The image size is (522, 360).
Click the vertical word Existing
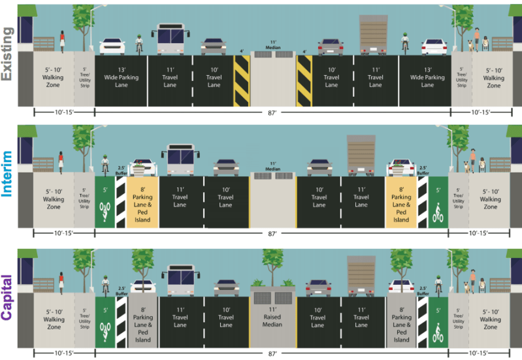8,54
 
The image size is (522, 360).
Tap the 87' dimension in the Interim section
272,233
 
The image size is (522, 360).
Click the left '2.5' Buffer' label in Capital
122,288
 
